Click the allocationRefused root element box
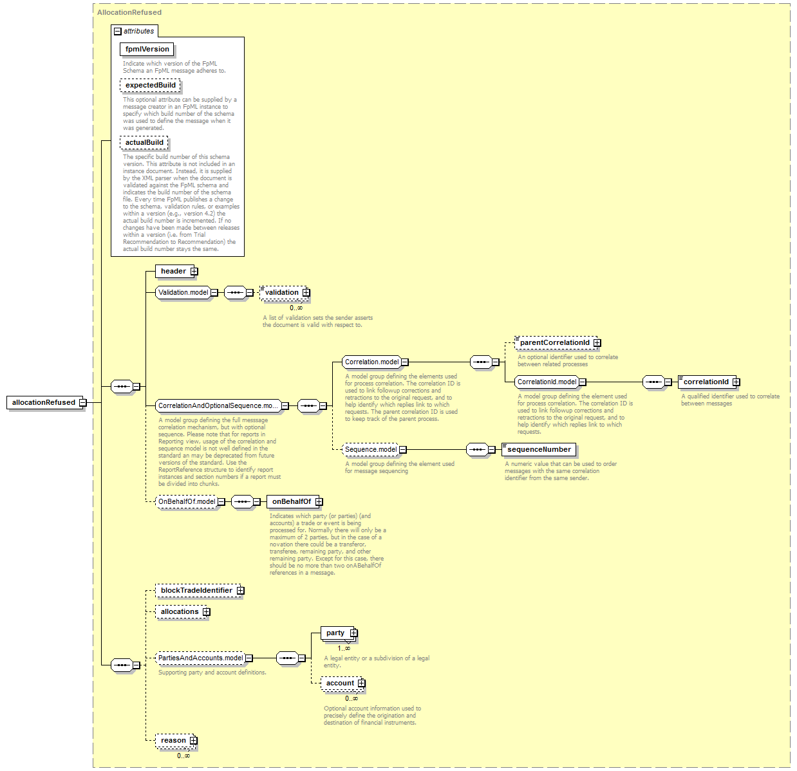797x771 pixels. point(44,402)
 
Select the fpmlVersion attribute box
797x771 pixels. point(147,49)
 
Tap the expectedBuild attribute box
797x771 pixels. point(150,85)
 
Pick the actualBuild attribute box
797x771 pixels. point(144,142)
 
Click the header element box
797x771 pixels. point(173,271)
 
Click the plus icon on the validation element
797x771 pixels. point(306,293)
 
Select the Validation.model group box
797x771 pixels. point(183,292)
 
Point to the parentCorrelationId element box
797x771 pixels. point(554,342)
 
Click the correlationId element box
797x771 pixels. point(706,382)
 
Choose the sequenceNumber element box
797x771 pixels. point(538,449)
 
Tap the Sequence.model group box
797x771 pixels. point(370,449)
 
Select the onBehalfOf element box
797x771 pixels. point(291,501)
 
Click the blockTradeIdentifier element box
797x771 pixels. point(196,590)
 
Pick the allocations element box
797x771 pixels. point(180,611)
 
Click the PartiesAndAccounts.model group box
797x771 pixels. point(200,658)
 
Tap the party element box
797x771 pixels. point(335,633)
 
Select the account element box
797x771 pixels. point(339,683)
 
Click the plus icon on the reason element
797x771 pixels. point(193,741)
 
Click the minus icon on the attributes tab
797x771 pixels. point(117,31)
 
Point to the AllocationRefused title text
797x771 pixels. point(129,12)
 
